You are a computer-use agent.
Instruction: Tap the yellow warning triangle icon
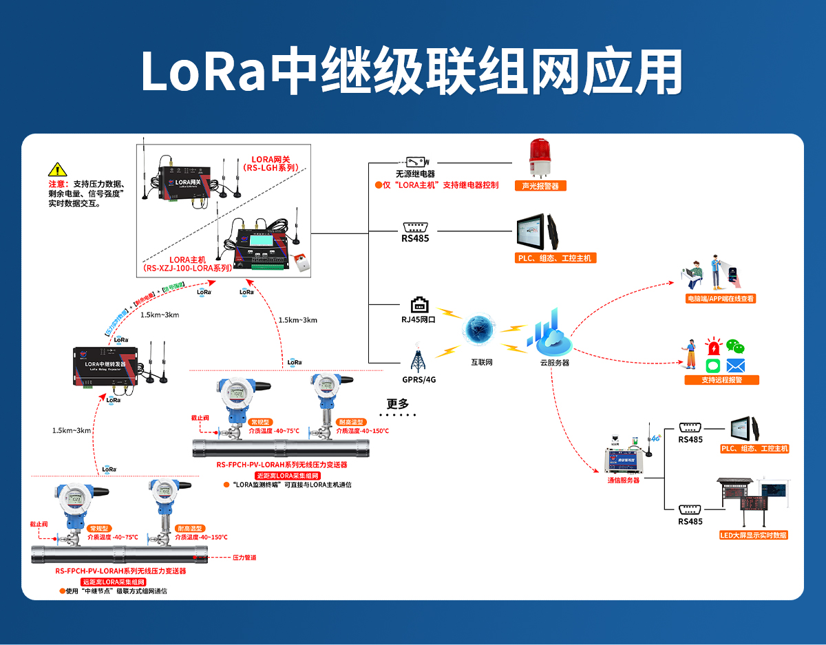tap(57, 169)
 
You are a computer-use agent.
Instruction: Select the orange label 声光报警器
tap(540, 185)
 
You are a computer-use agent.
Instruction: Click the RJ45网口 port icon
tap(419, 305)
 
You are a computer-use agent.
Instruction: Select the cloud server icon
tap(549, 334)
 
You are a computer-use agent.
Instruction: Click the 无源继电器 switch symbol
tap(419, 161)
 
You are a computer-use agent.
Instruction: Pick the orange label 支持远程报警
tap(721, 380)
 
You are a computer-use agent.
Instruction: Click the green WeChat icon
tap(736, 346)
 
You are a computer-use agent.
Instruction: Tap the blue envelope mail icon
tap(736, 366)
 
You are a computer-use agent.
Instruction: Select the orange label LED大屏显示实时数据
tap(754, 535)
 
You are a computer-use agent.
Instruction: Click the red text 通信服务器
tap(623, 480)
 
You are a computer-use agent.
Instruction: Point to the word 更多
tap(398, 403)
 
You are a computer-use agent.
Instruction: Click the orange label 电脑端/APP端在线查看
tap(721, 299)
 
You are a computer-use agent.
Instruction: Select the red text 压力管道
tap(244, 557)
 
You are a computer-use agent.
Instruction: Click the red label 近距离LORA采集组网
tap(287, 475)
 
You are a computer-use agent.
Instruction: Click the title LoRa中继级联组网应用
tap(412, 71)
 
